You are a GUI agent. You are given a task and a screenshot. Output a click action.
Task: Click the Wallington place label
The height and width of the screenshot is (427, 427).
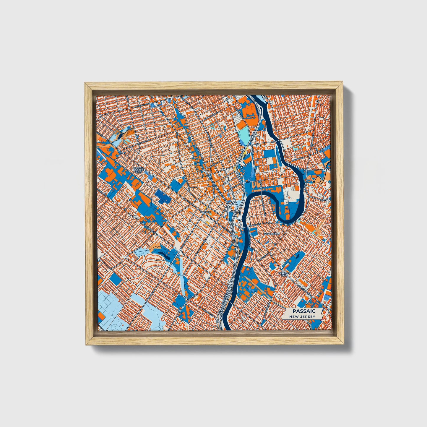[x=271, y=233]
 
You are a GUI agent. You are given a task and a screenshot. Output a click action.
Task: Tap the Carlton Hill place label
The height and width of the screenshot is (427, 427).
[x=284, y=274]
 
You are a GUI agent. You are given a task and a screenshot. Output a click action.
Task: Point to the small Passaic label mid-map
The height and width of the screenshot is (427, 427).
[x=206, y=212]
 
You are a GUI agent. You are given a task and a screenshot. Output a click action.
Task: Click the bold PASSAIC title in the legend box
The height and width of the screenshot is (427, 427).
[x=304, y=311]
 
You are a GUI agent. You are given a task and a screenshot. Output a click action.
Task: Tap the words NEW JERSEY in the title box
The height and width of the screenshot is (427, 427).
[x=302, y=316]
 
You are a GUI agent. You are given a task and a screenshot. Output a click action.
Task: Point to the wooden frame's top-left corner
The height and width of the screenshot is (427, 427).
[x=85, y=83]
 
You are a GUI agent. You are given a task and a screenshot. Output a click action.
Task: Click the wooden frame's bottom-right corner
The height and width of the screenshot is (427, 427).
[x=344, y=345]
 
